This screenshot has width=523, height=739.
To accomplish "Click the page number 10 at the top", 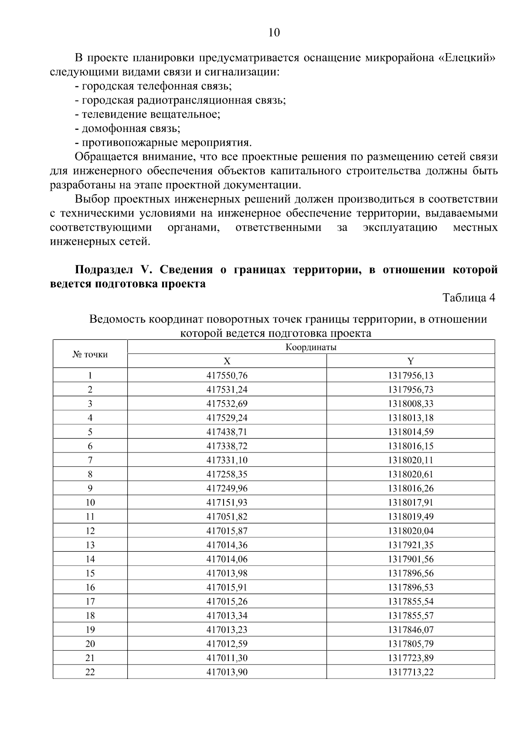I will [274, 33].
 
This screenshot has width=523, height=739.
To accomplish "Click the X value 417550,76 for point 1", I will [227, 375].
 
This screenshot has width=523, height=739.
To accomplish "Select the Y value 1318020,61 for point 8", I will [411, 474].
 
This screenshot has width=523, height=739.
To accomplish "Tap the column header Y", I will [411, 361].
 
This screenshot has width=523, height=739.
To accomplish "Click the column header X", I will [227, 361].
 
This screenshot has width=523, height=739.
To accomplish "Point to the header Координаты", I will [311, 347].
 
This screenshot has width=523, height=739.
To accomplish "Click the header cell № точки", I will [90, 354].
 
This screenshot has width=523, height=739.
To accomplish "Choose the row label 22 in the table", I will [90, 672].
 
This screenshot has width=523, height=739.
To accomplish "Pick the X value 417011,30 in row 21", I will [227, 658].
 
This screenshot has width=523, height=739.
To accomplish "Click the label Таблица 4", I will [469, 298].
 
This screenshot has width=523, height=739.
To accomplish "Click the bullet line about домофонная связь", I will [127, 128].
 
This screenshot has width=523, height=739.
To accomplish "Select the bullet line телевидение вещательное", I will [147, 115].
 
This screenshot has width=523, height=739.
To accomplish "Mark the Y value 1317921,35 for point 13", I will [411, 545].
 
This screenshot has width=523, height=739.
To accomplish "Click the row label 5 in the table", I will [90, 432].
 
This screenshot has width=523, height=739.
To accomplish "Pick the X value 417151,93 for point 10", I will [227, 503].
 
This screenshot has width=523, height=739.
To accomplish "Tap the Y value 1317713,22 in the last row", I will [411, 672].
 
